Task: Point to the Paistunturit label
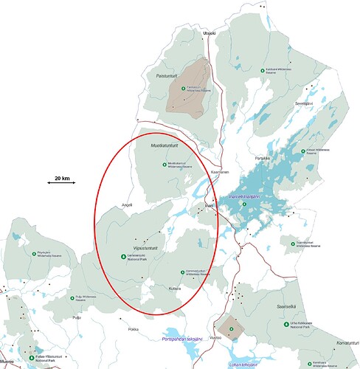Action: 167,75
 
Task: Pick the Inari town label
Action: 209,204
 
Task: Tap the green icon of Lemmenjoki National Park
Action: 122,256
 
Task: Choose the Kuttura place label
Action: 175,289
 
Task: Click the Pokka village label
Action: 133,328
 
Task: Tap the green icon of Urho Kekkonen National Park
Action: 287,324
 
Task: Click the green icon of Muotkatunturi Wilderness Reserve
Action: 164,164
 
